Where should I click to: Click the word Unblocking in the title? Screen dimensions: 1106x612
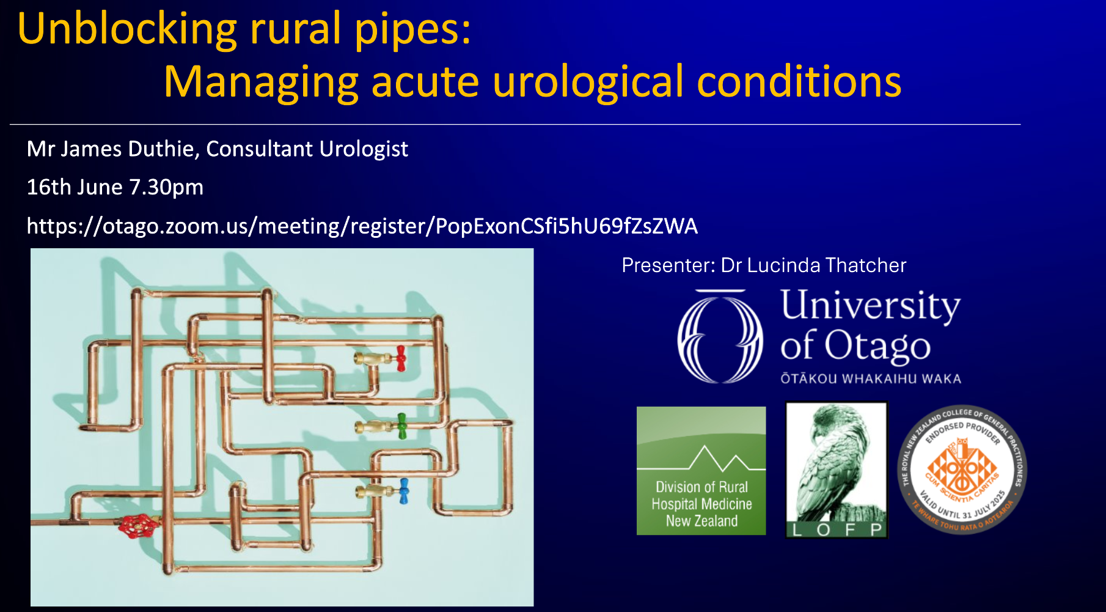[x=127, y=29]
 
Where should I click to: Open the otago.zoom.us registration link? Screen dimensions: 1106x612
[x=362, y=227]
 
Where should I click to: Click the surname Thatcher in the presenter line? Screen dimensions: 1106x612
[x=865, y=265]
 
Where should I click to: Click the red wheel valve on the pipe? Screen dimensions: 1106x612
[x=139, y=526]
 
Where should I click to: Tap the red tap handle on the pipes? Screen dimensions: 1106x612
[x=401, y=358]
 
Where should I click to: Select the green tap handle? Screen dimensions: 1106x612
[x=401, y=426]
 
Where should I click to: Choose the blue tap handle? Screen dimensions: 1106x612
[x=403, y=492]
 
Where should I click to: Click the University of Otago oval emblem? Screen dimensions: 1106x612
[x=720, y=336]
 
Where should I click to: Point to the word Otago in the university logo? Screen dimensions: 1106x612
[x=877, y=345]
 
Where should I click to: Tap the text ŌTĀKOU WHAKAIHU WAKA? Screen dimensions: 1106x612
[x=871, y=378]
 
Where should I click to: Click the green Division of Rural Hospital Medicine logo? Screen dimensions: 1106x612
[x=701, y=471]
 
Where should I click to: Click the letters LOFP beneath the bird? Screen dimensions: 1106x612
[x=837, y=529]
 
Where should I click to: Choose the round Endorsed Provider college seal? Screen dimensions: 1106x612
[x=962, y=469]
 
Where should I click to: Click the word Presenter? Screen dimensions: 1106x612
[x=668, y=265]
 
